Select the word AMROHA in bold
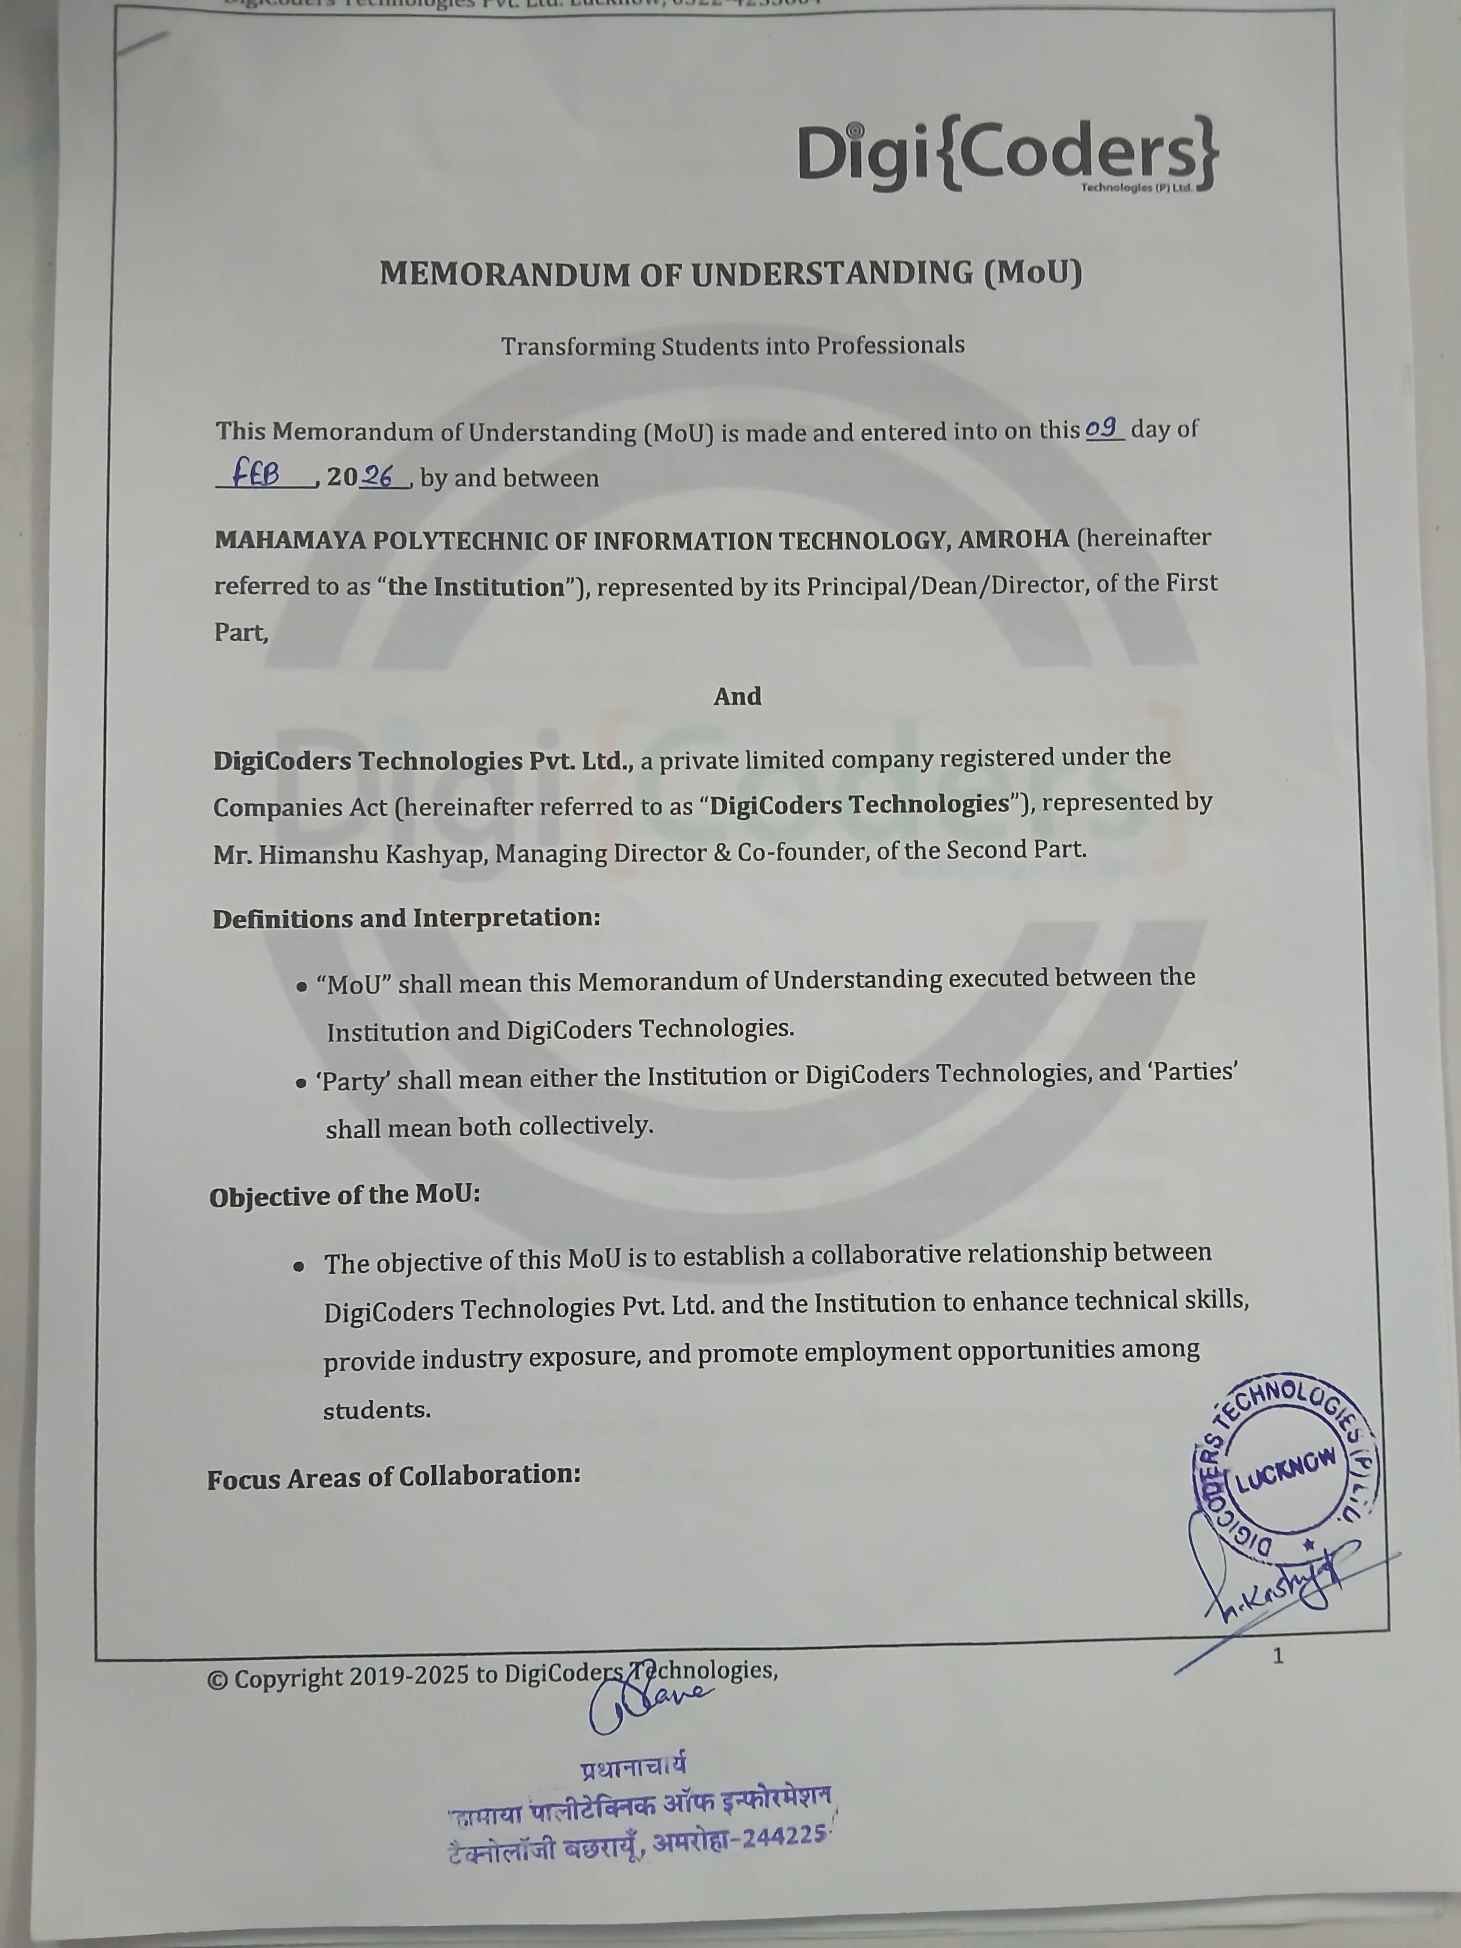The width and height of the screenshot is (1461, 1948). [1013, 539]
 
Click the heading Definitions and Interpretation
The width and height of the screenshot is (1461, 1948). [406, 919]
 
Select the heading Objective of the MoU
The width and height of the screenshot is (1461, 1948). [344, 1196]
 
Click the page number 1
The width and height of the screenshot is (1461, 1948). [1278, 1656]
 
